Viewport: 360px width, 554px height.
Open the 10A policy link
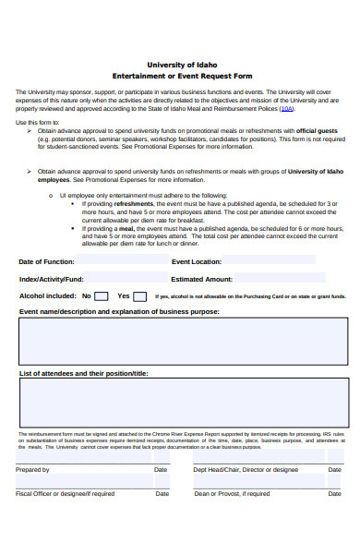click(287, 109)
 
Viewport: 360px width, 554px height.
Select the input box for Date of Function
click(119, 261)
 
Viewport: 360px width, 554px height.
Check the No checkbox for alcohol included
click(101, 296)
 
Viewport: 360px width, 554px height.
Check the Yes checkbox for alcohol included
click(139, 296)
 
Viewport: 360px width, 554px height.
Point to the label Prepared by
click(32, 470)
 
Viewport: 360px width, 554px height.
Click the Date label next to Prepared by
click(161, 470)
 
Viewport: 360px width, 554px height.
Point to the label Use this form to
click(37, 122)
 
